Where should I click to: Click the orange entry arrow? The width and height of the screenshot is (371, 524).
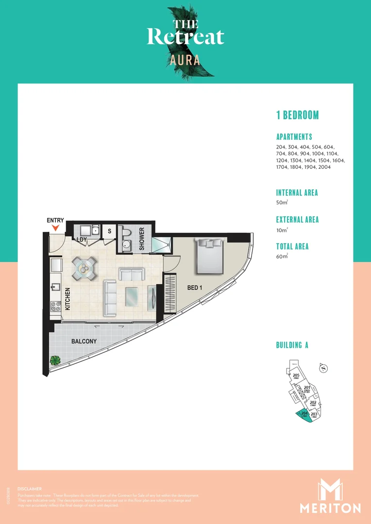point(55,228)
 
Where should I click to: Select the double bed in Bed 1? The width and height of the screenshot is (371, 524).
point(209,256)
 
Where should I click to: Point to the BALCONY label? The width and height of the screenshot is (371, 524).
point(84,342)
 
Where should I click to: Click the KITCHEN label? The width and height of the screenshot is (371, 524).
point(67,299)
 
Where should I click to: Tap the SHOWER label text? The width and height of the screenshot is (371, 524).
point(142,239)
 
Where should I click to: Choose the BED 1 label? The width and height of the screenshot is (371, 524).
point(195,288)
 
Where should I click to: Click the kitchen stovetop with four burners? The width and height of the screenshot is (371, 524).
point(55,306)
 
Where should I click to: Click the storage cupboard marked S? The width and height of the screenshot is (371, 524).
point(110,231)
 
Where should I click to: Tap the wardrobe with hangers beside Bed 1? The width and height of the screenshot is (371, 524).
point(169,293)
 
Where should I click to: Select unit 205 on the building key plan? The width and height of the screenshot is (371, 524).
point(296,376)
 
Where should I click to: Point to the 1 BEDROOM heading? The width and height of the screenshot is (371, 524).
point(297,115)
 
